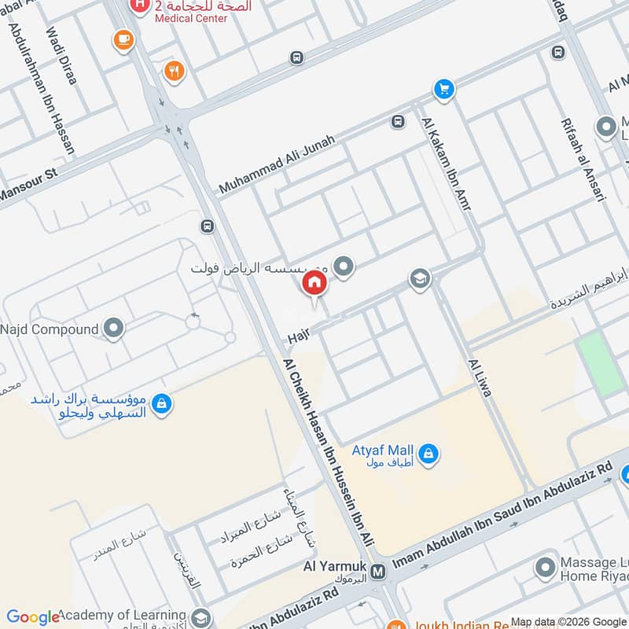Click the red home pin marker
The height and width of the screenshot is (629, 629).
314,283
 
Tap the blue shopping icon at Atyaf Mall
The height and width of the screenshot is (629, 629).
429,453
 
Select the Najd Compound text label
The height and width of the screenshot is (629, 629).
50,329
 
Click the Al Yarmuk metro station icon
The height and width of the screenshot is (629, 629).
379,572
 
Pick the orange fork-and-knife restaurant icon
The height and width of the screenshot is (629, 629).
173,72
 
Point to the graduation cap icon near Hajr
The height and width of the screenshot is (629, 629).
420,279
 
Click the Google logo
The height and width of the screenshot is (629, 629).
33,617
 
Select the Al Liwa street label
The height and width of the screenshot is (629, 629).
479,378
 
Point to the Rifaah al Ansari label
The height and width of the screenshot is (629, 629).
583,160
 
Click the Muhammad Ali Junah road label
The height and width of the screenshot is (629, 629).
277,164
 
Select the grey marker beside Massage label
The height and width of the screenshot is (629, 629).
546,567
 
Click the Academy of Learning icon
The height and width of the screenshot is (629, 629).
201,616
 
